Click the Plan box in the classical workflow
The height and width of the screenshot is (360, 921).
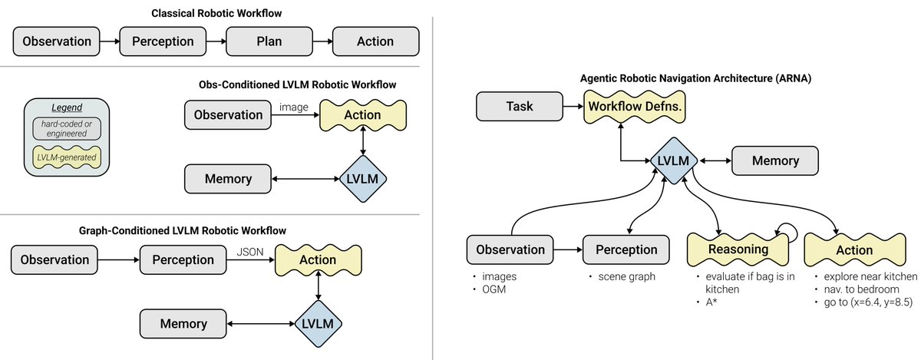269,41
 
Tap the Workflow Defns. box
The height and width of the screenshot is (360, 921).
634,107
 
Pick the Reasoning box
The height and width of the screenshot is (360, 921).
738,249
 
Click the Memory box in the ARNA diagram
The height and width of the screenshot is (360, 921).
775,161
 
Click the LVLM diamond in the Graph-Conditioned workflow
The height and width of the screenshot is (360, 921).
319,324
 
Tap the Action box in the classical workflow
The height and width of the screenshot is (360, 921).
375,41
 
